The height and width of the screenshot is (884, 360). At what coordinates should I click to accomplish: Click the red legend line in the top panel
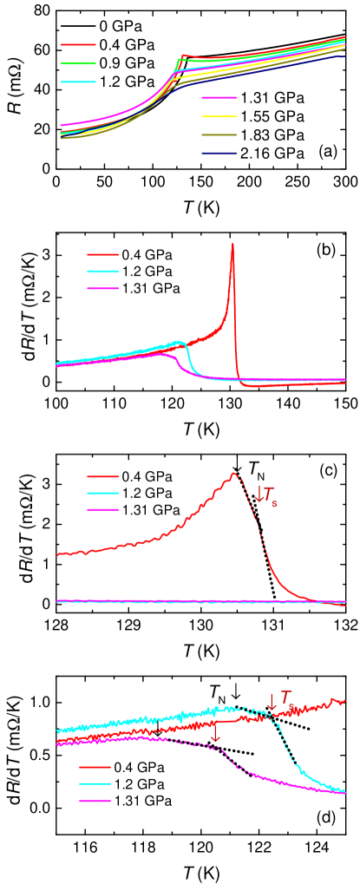[78, 44]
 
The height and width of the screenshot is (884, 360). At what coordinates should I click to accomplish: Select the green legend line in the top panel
[78, 63]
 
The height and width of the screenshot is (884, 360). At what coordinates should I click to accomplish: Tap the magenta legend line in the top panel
[219, 98]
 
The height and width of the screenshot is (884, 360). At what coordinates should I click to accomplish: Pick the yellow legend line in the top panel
[219, 116]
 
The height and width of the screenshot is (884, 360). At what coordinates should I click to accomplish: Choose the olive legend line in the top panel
[219, 135]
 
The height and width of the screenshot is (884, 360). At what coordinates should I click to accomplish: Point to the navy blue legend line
[219, 154]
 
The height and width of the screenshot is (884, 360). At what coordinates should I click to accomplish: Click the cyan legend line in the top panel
[78, 82]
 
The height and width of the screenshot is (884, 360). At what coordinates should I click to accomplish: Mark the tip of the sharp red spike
[232, 244]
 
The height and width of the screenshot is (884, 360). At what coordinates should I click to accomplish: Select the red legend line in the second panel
[103, 254]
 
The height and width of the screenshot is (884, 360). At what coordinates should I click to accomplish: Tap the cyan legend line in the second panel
[103, 272]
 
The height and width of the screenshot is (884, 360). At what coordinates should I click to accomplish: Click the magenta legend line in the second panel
[103, 288]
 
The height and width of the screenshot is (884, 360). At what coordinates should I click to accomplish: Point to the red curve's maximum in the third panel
[233, 474]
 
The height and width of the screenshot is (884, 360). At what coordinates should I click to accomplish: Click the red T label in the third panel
[270, 494]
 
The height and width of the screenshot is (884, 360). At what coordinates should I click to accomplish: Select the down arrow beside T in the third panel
[259, 493]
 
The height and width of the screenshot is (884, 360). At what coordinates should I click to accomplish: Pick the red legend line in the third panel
[103, 476]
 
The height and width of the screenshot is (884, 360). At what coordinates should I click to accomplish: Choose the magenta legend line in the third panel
[103, 510]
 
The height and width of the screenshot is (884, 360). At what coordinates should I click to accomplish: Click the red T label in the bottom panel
[286, 697]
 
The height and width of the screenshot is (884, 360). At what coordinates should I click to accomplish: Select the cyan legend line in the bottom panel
[95, 784]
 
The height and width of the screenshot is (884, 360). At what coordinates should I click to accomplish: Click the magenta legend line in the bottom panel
[95, 801]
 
